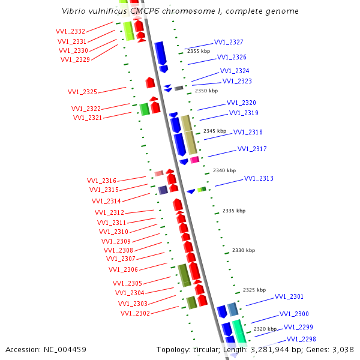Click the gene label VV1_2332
(x=70, y=31)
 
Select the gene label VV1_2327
(x=229, y=42)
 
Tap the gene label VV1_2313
(x=259, y=178)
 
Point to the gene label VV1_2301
(x=289, y=296)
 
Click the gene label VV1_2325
(x=82, y=92)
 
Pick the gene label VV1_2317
(x=252, y=149)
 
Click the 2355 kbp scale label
(x=199, y=52)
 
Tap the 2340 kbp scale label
(x=224, y=170)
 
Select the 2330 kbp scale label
(x=244, y=250)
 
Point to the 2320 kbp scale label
(x=265, y=329)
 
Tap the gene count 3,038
(x=342, y=349)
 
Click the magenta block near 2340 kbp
(x=194, y=160)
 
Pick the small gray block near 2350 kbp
(x=179, y=88)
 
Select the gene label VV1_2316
(x=101, y=181)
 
